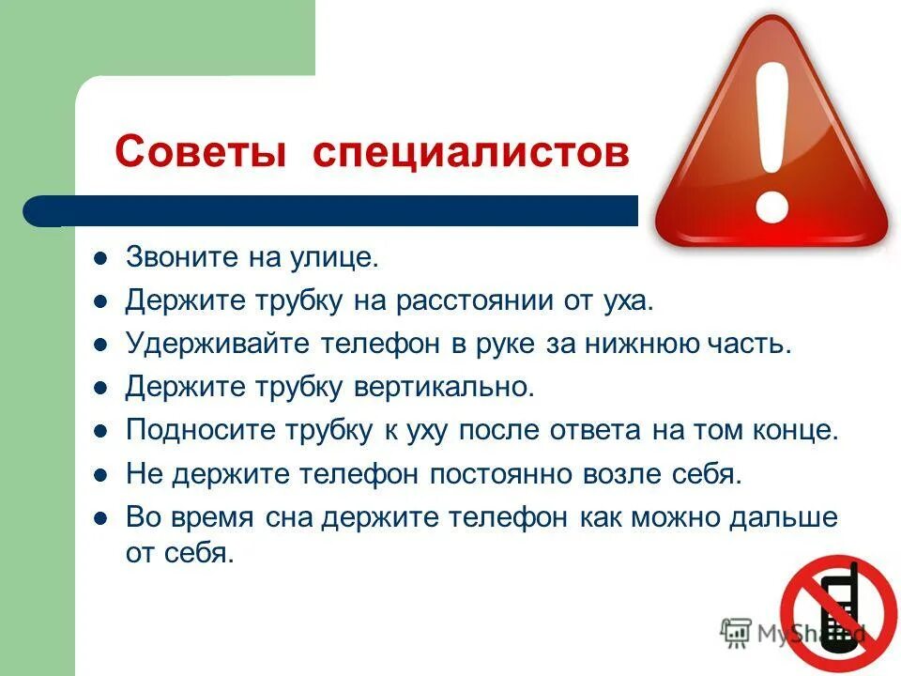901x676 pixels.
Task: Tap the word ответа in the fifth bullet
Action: click(x=587, y=430)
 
